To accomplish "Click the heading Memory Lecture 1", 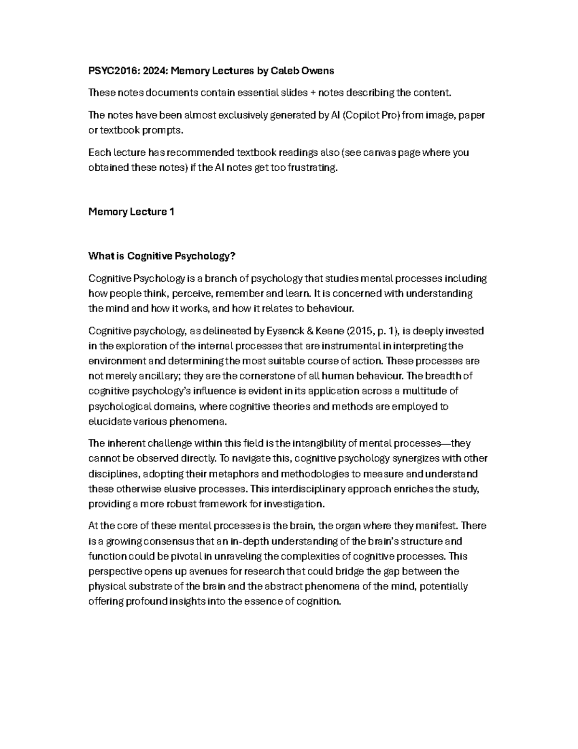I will coord(131,212).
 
